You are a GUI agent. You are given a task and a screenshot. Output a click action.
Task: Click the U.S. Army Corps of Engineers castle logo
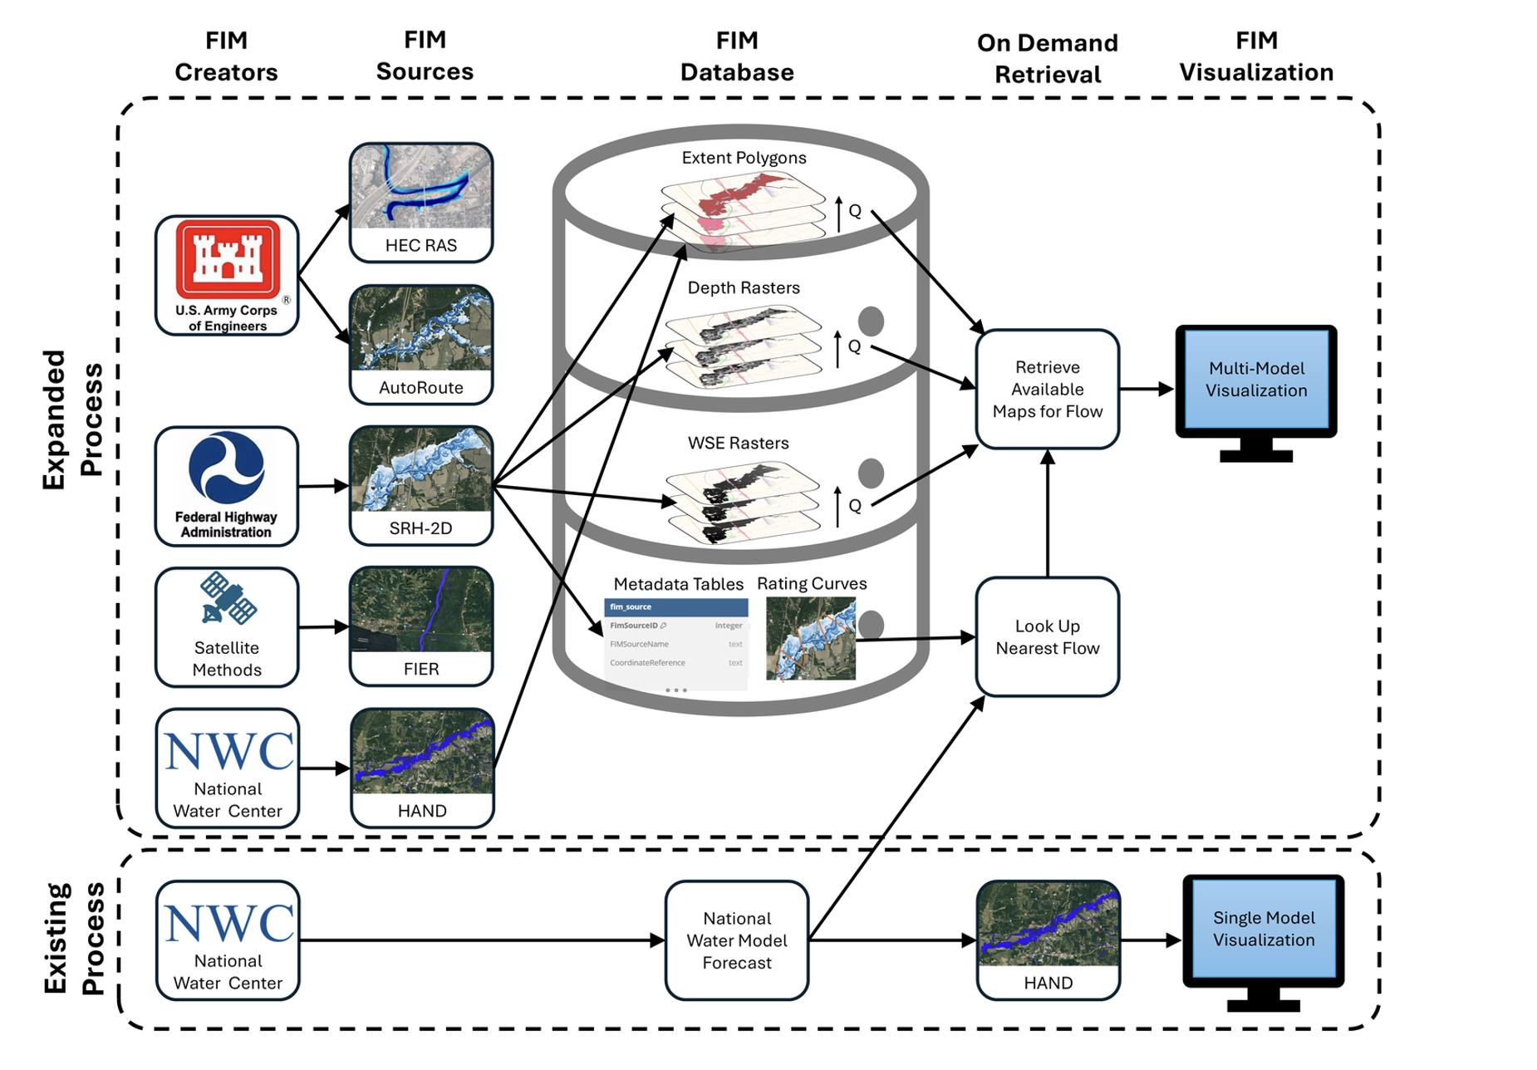[x=227, y=259]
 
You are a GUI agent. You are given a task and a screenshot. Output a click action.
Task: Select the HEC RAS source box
[x=421, y=203]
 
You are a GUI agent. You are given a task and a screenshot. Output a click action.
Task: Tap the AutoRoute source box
[x=421, y=345]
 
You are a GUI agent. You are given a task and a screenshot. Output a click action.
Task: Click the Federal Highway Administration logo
[x=226, y=468]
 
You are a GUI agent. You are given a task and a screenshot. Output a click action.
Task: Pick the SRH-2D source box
[x=421, y=486]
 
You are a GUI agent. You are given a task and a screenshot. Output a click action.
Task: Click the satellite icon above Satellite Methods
[x=228, y=598]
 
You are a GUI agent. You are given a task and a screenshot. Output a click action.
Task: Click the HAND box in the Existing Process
[x=1048, y=940]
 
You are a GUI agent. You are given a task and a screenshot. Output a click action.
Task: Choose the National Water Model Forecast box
[x=737, y=940]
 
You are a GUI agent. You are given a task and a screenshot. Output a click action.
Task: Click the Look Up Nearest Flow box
[x=1047, y=637]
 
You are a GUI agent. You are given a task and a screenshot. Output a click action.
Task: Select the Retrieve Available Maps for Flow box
[x=1047, y=389]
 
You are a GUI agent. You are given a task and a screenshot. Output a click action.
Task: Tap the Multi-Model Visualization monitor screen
[x=1255, y=380]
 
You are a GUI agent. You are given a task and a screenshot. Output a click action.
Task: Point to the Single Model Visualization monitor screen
[x=1263, y=929]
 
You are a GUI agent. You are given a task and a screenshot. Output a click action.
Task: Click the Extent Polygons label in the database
[x=744, y=158]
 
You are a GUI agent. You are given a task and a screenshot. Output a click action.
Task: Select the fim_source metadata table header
[x=675, y=607]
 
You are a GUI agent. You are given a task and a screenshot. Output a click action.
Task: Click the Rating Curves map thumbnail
[x=810, y=639]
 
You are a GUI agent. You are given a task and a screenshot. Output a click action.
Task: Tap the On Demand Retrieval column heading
[x=1047, y=58]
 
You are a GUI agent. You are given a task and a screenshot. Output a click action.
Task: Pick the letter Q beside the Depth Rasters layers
[x=854, y=346]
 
